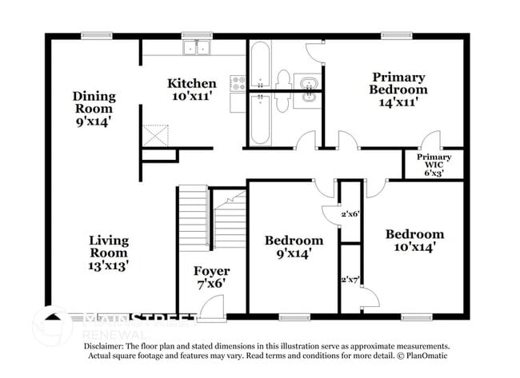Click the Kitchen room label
click(191, 90)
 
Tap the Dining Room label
click(94, 109)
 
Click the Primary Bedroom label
click(398, 89)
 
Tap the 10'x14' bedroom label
click(414, 241)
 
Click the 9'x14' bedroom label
click(294, 247)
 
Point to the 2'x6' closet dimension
click(351, 214)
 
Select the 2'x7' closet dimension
click(350, 280)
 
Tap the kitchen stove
click(238, 82)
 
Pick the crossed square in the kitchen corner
click(156, 135)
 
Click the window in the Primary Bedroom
click(391, 35)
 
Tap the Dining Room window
click(95, 35)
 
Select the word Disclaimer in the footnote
click(109, 346)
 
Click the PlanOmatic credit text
click(422, 355)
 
